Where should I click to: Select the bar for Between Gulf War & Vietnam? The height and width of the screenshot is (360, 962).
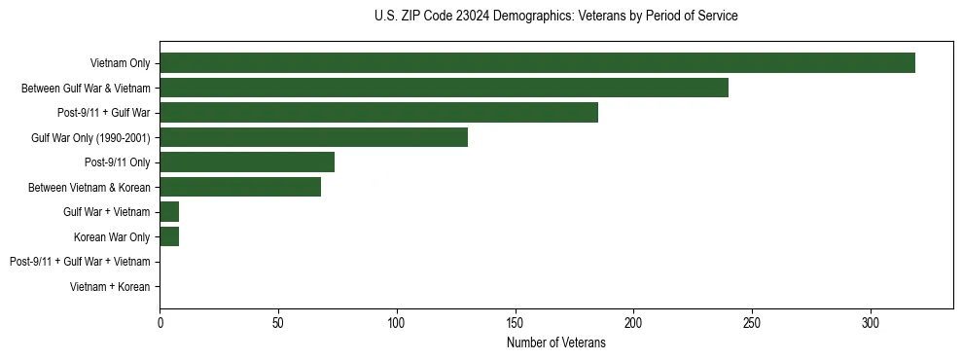pos(444,88)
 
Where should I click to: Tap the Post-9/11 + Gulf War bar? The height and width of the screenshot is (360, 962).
pos(378,113)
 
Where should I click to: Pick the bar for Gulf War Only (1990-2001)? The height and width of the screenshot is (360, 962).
pos(313,137)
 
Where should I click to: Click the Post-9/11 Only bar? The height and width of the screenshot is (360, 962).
pos(247,162)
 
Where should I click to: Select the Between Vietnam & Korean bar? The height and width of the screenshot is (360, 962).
pos(240,187)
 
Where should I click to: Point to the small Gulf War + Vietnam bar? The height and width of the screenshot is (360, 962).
pos(169,211)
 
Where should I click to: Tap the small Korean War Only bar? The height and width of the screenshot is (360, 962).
pos(169,236)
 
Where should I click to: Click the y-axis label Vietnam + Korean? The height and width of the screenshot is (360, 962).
pos(110,287)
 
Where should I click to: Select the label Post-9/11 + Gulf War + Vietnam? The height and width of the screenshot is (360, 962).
pos(80,262)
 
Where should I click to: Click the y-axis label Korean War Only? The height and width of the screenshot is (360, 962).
pos(112,236)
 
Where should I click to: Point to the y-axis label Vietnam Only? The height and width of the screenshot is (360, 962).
pos(120,63)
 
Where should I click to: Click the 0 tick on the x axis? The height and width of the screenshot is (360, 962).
pos(160,323)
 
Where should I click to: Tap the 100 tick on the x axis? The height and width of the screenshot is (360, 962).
pos(397,323)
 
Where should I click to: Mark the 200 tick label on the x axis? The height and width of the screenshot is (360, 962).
pos(633,323)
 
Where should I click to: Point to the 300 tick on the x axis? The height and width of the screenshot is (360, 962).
pos(870,323)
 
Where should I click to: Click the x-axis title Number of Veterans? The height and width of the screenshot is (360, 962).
pos(555,342)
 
